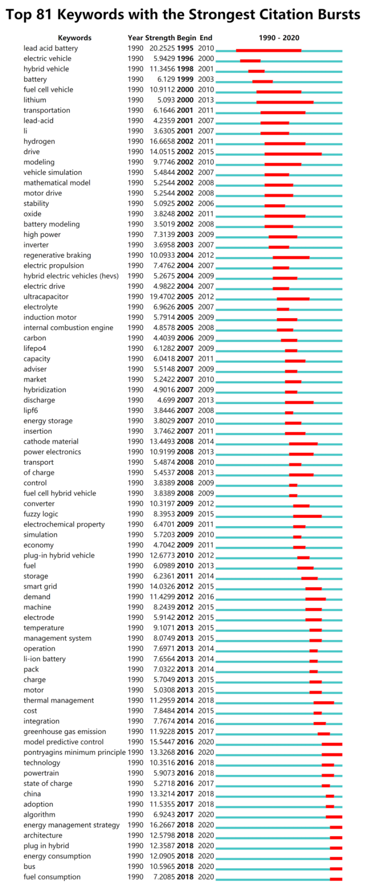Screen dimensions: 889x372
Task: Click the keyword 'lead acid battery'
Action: (x=51, y=48)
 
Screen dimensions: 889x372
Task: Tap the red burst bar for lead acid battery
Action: (x=269, y=50)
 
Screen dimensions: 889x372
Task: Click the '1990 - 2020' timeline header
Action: (x=279, y=38)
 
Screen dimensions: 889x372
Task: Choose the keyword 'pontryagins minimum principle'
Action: (x=74, y=753)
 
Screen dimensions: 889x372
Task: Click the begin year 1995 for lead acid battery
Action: (x=185, y=48)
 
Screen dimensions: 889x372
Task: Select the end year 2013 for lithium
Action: (x=206, y=100)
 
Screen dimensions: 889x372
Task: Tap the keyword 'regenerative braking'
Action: (x=57, y=256)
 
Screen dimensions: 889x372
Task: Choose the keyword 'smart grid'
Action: (x=40, y=587)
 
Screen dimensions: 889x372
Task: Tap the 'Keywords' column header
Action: (x=75, y=38)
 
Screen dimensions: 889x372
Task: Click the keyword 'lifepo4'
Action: (x=35, y=348)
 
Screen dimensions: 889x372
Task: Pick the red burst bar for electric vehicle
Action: (x=250, y=61)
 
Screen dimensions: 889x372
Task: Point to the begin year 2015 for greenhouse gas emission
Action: (x=185, y=732)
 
